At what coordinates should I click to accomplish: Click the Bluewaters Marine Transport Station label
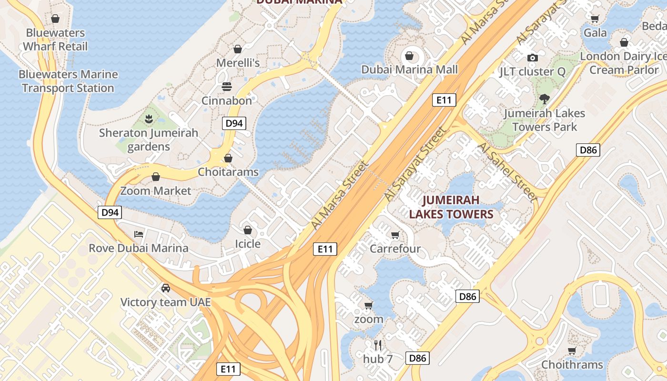pos(68,81)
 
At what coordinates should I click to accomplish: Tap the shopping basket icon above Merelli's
pos(238,49)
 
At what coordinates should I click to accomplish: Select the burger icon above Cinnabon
pos(227,87)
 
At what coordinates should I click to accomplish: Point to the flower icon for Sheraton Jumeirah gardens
pos(149,119)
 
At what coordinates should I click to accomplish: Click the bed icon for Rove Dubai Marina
pos(139,234)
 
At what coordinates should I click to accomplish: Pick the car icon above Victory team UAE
pos(165,288)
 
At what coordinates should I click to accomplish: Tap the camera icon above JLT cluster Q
pos(532,58)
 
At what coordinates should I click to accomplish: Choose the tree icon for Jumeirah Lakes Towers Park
pos(544,99)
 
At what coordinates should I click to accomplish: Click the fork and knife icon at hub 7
pos(378,345)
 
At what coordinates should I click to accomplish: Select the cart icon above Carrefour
pos(395,235)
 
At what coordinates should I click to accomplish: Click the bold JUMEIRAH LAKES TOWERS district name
pos(451,207)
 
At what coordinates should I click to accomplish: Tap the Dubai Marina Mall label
pos(409,70)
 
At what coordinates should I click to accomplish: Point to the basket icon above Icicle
pos(248,230)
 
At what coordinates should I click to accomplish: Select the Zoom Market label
pos(155,191)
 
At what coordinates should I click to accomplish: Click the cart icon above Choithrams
pos(572,351)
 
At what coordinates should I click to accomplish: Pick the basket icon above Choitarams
pos(228,158)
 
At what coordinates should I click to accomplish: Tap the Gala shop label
pos(595,33)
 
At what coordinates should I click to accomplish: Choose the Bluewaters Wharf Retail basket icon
pos(55,19)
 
